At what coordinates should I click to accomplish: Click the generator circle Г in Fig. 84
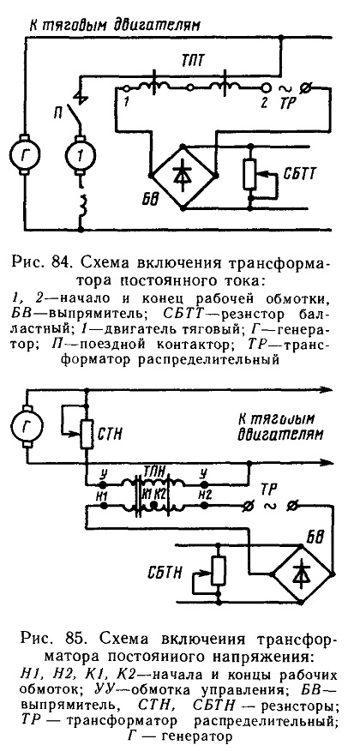tap(26, 153)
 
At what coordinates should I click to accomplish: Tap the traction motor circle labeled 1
tap(81, 153)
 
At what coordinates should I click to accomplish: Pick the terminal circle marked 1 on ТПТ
tap(126, 88)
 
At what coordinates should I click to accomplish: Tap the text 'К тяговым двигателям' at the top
tap(112, 24)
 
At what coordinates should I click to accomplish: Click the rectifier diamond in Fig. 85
tap(303, 574)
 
